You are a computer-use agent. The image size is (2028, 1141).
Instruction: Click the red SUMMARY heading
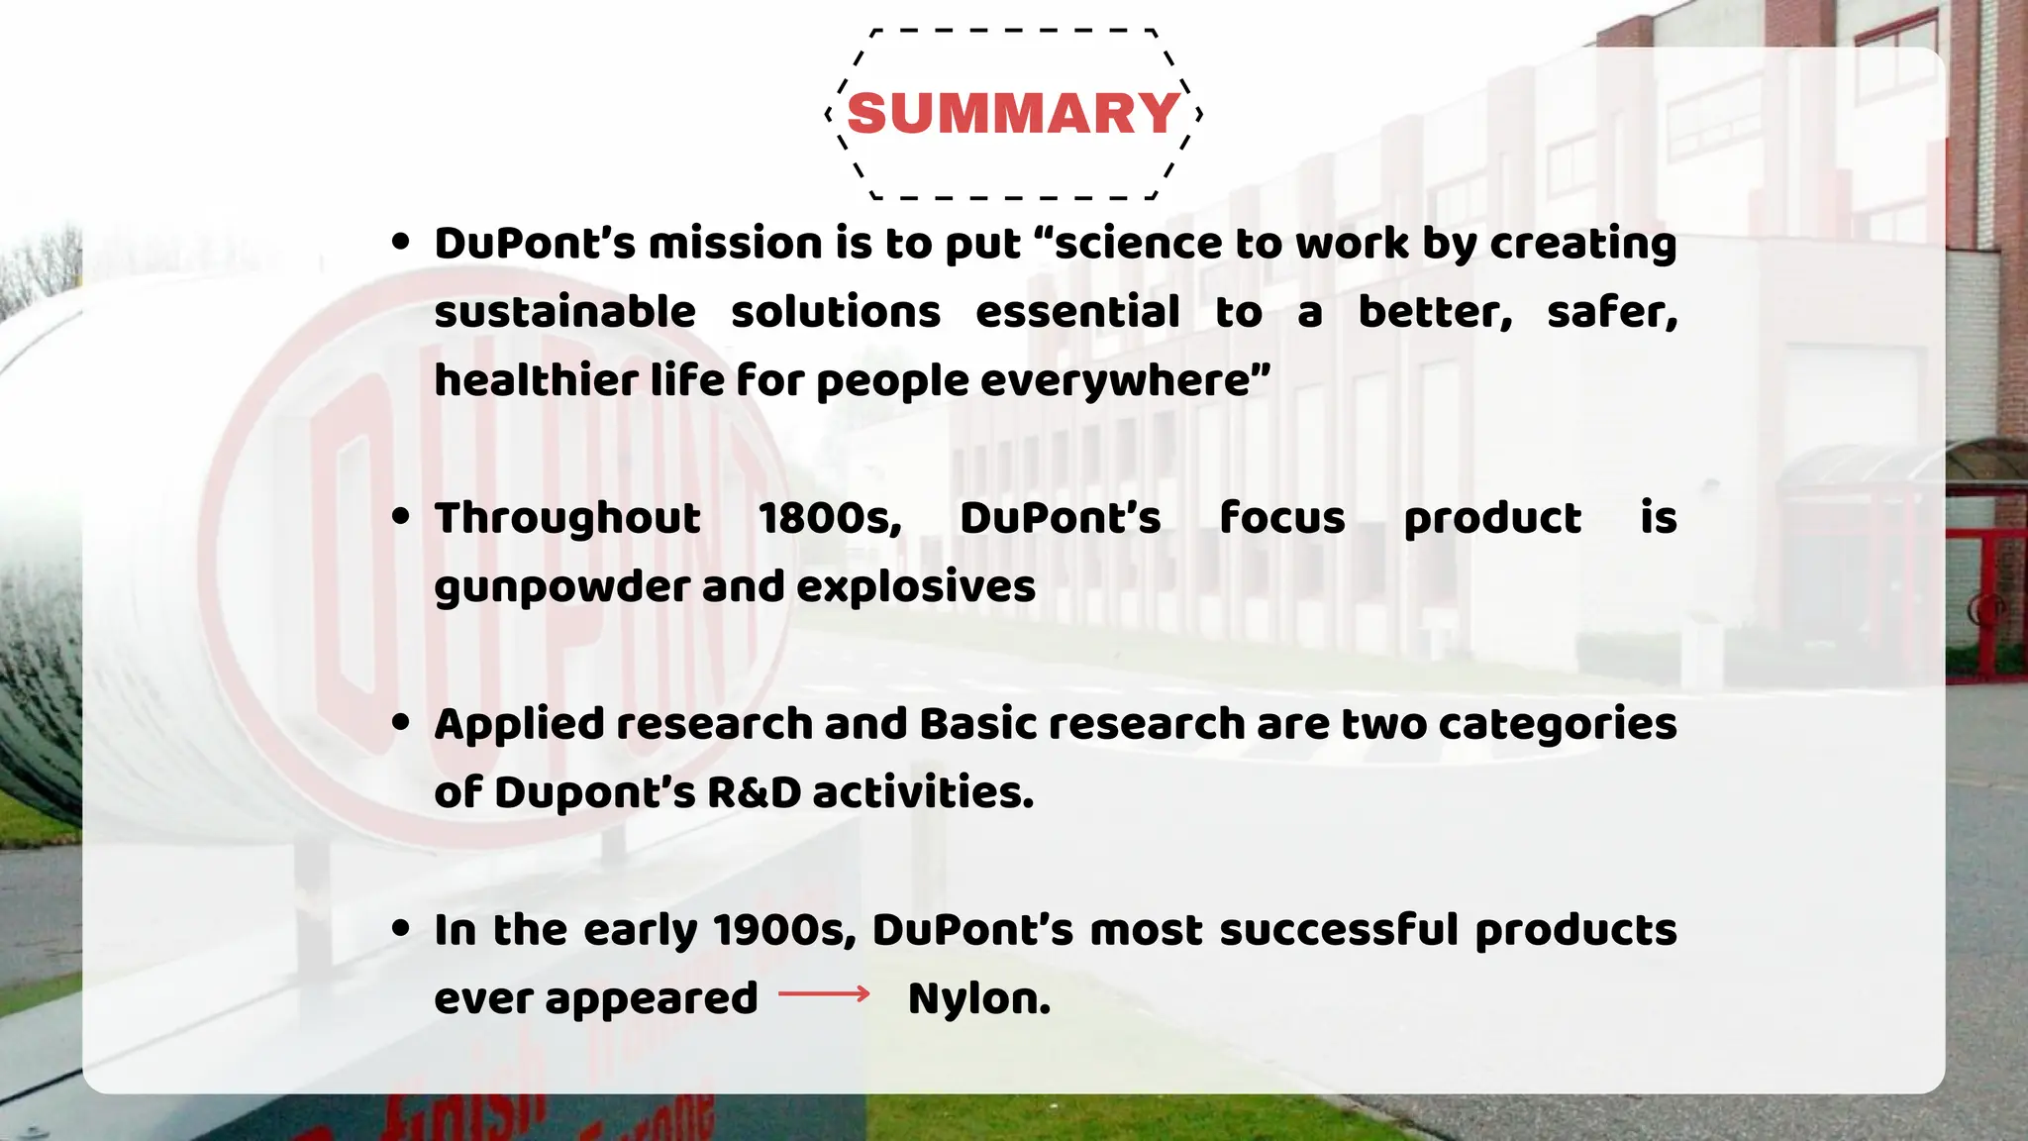[x=1013, y=113]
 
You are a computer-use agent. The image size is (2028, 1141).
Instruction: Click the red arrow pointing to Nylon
[x=824, y=993]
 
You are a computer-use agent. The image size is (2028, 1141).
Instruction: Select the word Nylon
[x=978, y=998]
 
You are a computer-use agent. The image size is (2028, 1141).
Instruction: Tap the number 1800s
[x=830, y=518]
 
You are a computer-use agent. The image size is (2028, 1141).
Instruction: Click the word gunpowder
[x=559, y=587]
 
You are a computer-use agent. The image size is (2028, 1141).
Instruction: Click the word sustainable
[x=564, y=312]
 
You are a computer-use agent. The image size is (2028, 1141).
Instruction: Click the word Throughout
[x=567, y=518]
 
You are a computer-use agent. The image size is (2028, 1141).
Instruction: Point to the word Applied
[x=518, y=725]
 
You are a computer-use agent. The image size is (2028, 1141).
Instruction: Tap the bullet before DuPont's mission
[x=401, y=242]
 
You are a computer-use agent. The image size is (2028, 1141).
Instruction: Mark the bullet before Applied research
[x=401, y=723]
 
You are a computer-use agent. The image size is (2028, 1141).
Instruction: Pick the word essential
[x=1077, y=312]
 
